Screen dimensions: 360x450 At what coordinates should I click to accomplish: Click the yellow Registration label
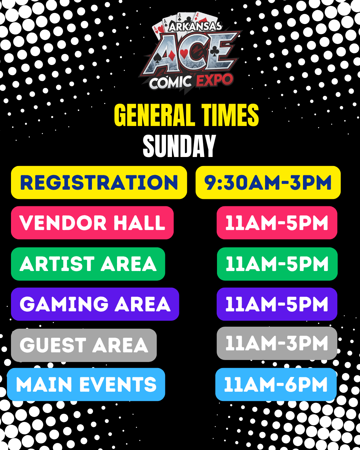pos(99,183)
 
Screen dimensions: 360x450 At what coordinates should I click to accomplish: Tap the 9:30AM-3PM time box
pos(268,183)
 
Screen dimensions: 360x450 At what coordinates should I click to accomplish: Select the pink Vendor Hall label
pos(92,223)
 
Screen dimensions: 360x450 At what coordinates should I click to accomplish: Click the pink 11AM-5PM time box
pos(277,223)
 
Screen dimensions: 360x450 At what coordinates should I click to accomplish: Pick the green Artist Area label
pos(88,264)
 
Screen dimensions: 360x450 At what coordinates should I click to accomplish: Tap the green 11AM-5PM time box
pos(277,264)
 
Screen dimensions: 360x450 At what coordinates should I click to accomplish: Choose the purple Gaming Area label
pos(95,304)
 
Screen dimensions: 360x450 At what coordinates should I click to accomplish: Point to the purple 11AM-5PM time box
pos(277,304)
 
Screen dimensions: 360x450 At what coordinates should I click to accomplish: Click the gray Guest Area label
pos(84,345)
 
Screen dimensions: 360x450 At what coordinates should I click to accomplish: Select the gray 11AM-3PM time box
pos(277,343)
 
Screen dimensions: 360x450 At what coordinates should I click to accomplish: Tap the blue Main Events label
pos(86,384)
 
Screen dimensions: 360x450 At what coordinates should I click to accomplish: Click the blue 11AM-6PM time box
pos(276,384)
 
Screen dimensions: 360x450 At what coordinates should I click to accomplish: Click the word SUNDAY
pos(179,146)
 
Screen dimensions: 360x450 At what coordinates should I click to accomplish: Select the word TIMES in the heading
pos(230,115)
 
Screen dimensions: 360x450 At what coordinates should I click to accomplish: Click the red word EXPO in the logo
pos(215,81)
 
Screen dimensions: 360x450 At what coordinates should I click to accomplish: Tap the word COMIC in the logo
pos(170,82)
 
